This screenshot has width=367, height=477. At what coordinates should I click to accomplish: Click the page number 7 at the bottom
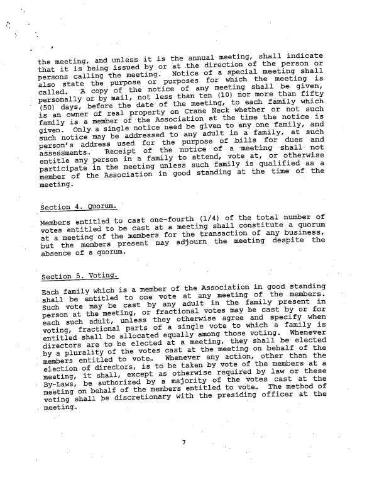coord(184,442)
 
